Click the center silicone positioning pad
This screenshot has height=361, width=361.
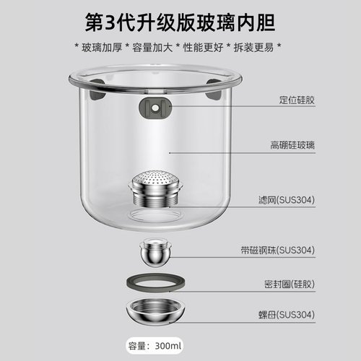pos(153,107)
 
